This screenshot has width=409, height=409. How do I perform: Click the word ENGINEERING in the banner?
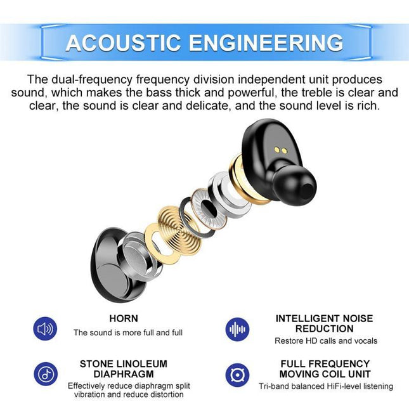[265, 42]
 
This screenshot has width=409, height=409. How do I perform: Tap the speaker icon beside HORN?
[45, 328]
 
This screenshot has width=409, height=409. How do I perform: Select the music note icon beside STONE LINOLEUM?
[45, 373]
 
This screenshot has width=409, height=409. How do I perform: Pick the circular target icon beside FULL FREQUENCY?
[238, 374]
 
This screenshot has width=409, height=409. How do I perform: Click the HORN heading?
[123, 318]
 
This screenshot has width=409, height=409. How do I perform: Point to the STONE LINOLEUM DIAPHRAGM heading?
[123, 368]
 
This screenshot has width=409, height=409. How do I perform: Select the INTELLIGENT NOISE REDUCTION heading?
[324, 323]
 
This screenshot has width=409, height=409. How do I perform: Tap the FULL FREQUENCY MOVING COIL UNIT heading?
[325, 368]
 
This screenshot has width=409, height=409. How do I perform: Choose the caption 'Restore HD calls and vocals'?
[325, 341]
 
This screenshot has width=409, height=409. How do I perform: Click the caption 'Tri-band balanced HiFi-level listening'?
[325, 386]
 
